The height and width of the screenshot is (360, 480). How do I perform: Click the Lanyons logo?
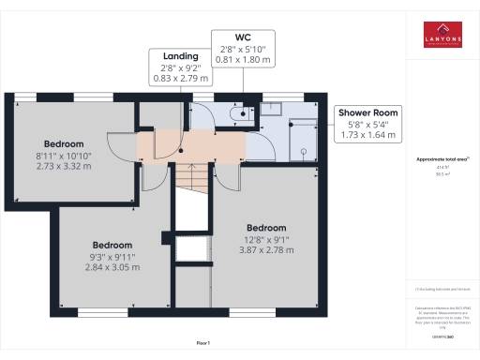(442, 34)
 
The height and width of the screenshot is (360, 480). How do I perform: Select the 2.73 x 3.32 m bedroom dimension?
(64, 166)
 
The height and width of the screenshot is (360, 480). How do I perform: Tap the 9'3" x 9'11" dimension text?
(112, 256)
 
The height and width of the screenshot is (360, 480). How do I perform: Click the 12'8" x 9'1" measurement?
(268, 239)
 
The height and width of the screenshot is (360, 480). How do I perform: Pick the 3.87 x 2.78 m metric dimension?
(268, 250)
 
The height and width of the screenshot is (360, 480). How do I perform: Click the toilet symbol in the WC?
(241, 114)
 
